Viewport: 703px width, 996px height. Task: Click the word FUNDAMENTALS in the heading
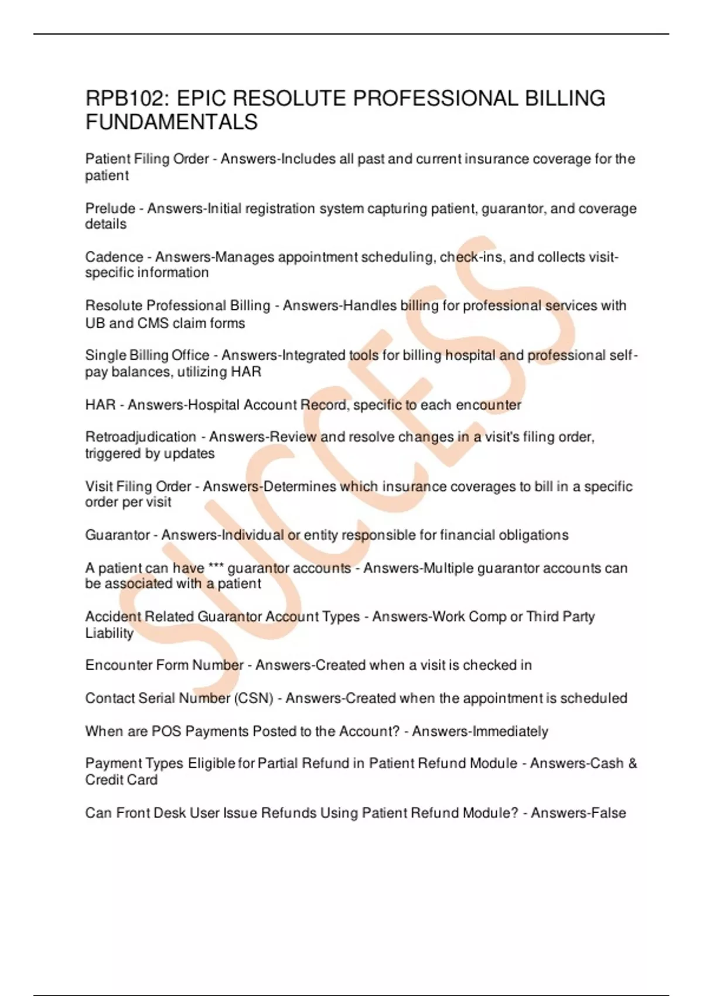[x=171, y=122]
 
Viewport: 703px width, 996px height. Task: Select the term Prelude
[x=110, y=209]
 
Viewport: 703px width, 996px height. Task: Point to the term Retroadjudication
[x=141, y=437]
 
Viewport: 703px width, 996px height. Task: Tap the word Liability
[x=109, y=633]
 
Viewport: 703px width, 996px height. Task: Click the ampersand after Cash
[x=632, y=763]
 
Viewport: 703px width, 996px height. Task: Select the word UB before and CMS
[x=95, y=323]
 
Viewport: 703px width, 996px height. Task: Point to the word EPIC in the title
[x=200, y=98]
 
